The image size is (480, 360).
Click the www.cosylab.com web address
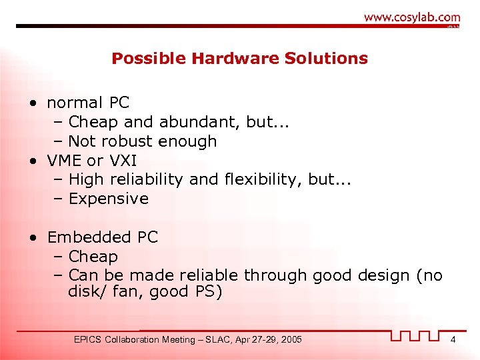tap(411, 18)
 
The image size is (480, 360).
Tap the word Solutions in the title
tap(327, 59)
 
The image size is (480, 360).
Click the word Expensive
tap(109, 199)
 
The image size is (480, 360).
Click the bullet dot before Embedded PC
tap(33, 238)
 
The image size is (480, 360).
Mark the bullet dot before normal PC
tap(33, 103)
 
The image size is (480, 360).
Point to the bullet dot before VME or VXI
tap(33, 161)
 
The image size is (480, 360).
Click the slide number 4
tap(453, 340)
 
